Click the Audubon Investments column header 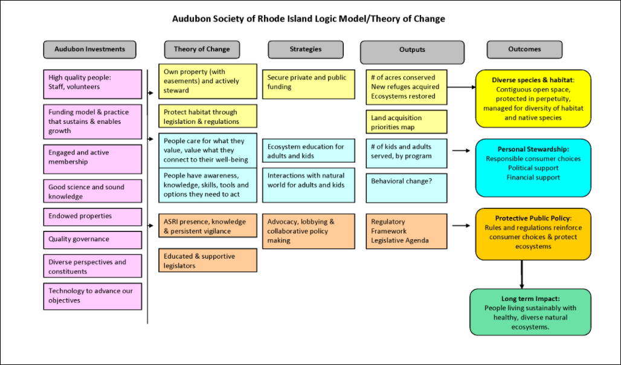tap(89, 50)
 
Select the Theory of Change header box tap(201, 50)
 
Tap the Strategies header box tap(305, 50)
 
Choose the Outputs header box tap(412, 51)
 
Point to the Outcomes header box tap(524, 50)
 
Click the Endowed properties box tap(92, 216)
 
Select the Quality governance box tap(92, 239)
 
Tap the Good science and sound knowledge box tap(92, 192)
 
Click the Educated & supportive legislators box tap(207, 260)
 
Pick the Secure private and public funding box tap(308, 82)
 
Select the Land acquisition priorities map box tap(406, 122)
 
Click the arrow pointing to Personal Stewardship tap(461, 151)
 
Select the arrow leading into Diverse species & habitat tap(462, 87)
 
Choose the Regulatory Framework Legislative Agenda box tap(406, 231)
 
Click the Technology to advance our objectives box tap(92, 296)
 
